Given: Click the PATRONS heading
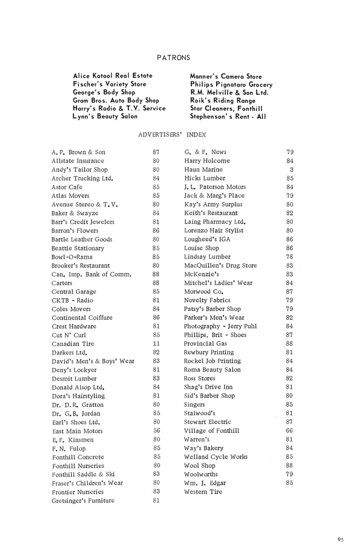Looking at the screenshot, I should click(x=173, y=57).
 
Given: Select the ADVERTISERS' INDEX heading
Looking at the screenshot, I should click(x=172, y=135).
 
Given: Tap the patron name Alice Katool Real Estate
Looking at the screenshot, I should click(x=113, y=76).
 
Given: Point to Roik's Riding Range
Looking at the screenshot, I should click(x=222, y=100).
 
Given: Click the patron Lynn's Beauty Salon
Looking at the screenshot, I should click(x=105, y=116).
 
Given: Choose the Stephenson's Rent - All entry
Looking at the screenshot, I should click(x=228, y=116).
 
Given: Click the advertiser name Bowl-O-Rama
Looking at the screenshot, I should click(x=72, y=257).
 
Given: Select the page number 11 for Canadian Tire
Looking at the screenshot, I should click(x=156, y=344).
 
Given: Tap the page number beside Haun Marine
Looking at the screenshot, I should click(x=291, y=170).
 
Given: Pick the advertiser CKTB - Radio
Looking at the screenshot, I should click(x=72, y=300).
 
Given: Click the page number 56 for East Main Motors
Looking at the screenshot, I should click(x=156, y=431).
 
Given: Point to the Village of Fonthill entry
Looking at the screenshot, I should click(x=212, y=431).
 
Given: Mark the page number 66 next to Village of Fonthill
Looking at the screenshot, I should click(x=290, y=431).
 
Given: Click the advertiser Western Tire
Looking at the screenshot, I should click(x=203, y=492).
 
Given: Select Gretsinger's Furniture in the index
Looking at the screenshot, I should click(x=83, y=501).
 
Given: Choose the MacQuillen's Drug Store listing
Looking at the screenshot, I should click(x=220, y=266).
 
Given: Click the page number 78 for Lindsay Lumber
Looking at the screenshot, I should click(x=290, y=257).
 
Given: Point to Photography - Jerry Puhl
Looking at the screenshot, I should click(x=220, y=327).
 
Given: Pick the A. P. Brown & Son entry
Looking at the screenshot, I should click(x=78, y=153).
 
